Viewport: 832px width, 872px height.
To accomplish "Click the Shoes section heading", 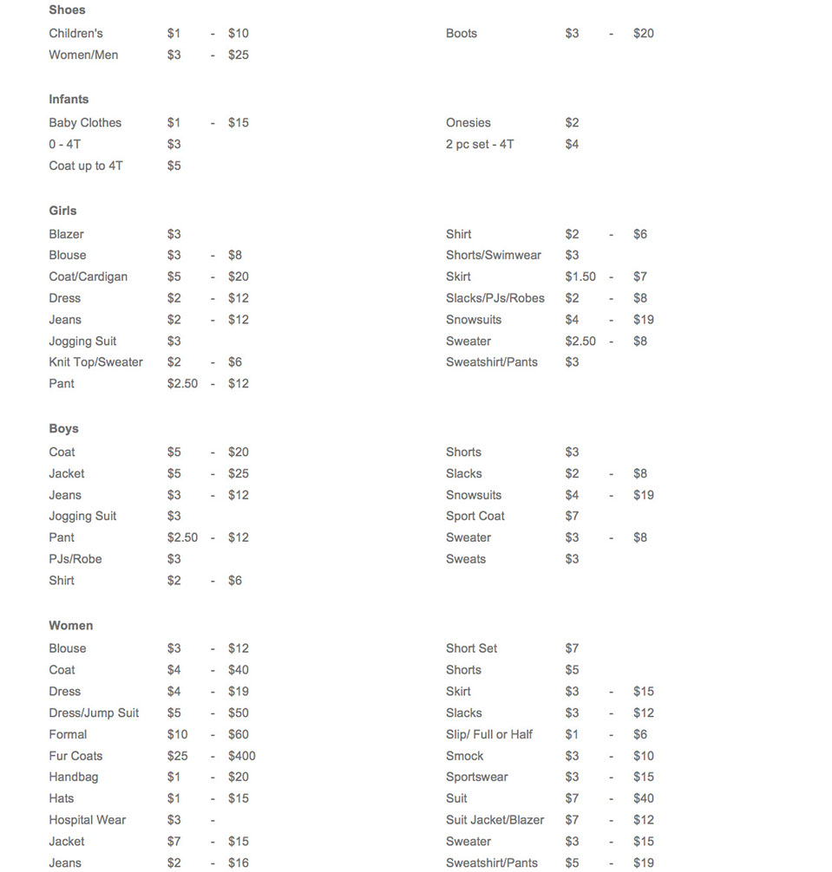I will click(x=67, y=10).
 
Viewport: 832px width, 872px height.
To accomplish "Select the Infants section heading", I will click(x=69, y=100).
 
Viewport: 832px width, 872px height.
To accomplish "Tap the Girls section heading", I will click(x=62, y=211).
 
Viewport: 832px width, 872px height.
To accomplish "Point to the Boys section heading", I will click(x=63, y=429).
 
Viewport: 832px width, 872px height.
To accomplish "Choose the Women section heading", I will click(x=70, y=626).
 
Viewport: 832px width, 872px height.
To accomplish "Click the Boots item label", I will click(x=461, y=34).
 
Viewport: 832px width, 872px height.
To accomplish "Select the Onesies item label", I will click(x=468, y=123).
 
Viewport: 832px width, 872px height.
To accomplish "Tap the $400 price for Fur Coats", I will click(x=241, y=756).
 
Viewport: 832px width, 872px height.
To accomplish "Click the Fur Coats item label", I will click(x=75, y=756).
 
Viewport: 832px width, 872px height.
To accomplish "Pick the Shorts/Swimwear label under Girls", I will click(x=493, y=256).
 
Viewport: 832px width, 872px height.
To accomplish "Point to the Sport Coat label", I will click(x=475, y=517).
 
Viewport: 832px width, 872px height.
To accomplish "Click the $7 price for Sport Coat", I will click(x=572, y=517).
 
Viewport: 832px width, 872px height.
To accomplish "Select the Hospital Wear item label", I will click(x=87, y=820).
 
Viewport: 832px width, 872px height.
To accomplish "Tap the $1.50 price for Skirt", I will click(x=580, y=277).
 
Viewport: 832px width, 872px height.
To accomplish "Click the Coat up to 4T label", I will click(x=85, y=166).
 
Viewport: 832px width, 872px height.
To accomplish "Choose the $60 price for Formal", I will click(x=238, y=734).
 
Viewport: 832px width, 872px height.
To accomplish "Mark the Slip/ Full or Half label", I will click(x=488, y=734).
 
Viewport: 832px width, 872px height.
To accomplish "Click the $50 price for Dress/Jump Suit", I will click(x=238, y=713).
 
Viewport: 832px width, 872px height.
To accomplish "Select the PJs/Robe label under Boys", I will click(x=75, y=559).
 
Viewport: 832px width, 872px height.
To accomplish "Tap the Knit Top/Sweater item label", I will click(x=95, y=362).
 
